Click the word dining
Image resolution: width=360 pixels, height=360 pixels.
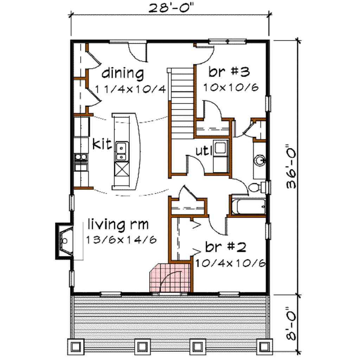(123, 74)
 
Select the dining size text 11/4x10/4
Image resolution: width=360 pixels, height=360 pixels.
(130, 88)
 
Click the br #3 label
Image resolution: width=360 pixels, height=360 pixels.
(229, 72)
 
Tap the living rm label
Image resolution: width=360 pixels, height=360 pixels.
(118, 224)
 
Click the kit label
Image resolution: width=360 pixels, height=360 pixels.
(102, 144)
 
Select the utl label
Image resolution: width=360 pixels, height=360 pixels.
(203, 151)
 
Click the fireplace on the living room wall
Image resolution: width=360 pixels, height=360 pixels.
(64, 241)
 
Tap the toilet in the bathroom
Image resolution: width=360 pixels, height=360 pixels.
(256, 187)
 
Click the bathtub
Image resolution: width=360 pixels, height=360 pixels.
(248, 206)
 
